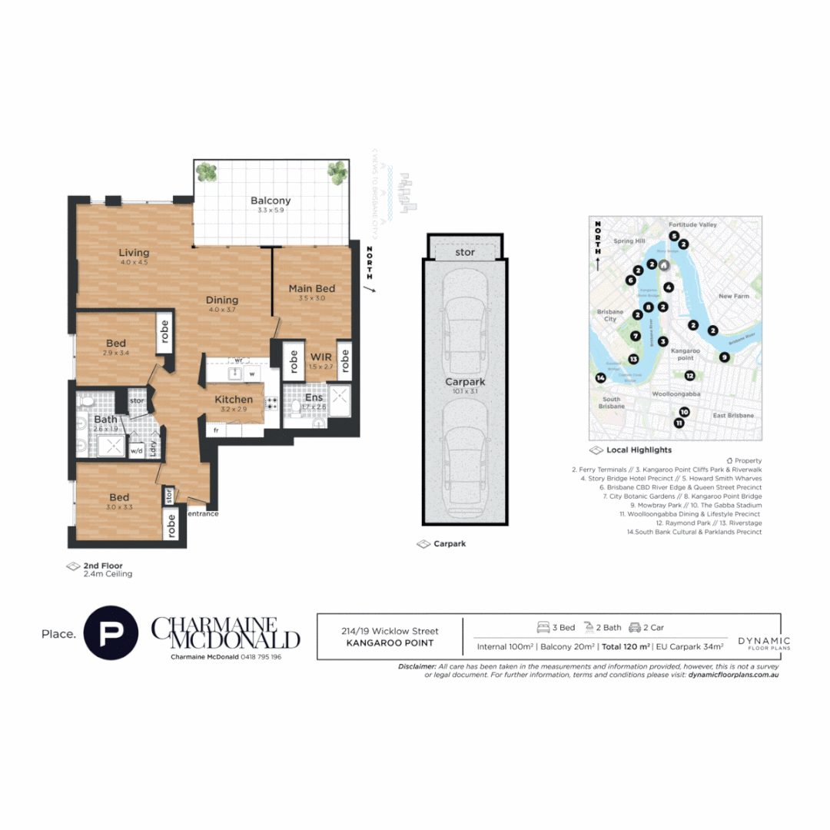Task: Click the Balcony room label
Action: (x=271, y=201)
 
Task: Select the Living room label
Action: (x=134, y=253)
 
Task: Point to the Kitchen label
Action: (x=234, y=399)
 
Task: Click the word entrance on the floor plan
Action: (x=204, y=513)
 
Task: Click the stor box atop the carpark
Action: (x=465, y=251)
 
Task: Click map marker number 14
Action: (x=600, y=377)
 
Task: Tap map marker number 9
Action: (x=724, y=357)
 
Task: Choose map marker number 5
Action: (x=673, y=236)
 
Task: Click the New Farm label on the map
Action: (x=733, y=296)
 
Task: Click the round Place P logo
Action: (x=111, y=634)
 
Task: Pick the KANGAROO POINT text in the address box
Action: (x=390, y=643)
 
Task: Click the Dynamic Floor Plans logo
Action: (x=763, y=643)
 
